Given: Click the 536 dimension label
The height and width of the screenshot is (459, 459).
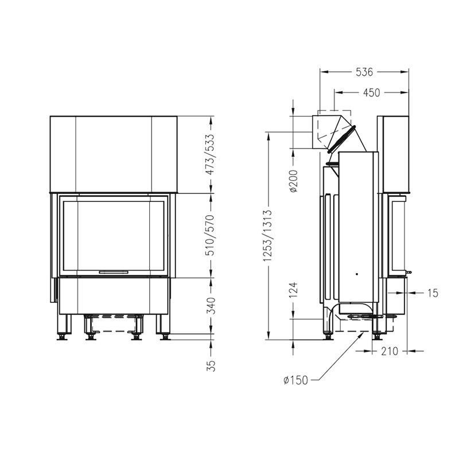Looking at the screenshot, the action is point(364,72).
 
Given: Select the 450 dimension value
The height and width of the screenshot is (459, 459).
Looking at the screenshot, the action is point(371,92).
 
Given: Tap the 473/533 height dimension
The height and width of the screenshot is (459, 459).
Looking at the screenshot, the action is point(210,155).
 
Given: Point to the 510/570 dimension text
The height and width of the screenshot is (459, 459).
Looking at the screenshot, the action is point(210,236).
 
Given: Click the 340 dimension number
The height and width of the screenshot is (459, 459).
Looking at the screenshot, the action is point(211,306).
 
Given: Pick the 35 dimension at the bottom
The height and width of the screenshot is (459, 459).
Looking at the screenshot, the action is point(211,366).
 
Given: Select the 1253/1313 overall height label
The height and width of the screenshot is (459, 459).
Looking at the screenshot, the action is point(267,235).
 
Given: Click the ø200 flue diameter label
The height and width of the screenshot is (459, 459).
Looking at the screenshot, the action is point(293,181).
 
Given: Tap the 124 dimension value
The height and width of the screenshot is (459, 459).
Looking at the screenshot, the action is point(293,290).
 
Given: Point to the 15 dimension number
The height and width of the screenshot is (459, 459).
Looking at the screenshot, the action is point(433,293).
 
